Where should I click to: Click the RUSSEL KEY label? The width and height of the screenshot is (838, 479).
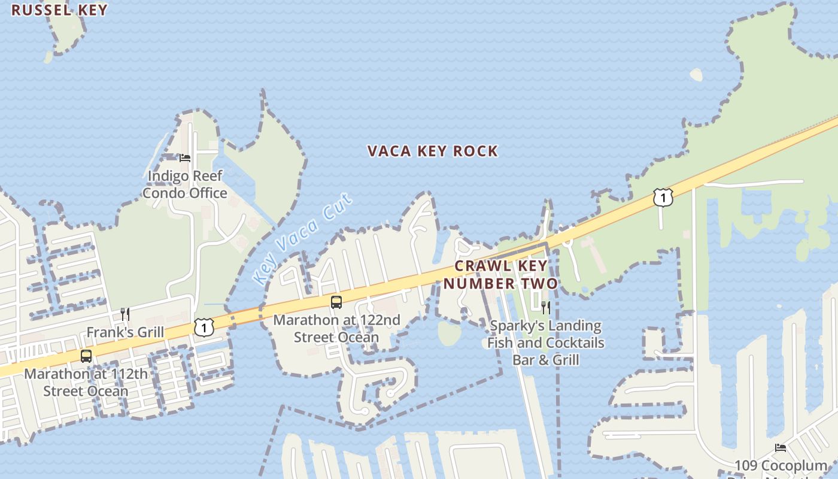(x=59, y=10)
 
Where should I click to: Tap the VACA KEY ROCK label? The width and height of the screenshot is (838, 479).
(x=432, y=151)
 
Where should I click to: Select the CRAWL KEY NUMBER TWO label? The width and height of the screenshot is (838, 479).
(x=500, y=275)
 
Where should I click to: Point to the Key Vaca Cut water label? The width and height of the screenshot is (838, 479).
(x=302, y=238)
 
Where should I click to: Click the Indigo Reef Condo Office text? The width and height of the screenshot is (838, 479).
(x=185, y=184)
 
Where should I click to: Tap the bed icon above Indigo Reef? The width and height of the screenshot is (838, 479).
(x=185, y=158)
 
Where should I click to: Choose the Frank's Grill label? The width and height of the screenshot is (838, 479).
(x=125, y=332)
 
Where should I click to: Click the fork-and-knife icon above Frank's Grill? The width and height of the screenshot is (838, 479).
(x=125, y=314)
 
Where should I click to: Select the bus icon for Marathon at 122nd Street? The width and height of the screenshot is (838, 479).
(x=336, y=302)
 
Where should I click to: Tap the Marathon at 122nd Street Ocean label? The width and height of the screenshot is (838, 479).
(x=336, y=328)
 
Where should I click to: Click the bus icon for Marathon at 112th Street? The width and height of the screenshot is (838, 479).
(x=86, y=356)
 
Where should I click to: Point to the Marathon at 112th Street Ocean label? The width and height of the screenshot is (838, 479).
(x=86, y=383)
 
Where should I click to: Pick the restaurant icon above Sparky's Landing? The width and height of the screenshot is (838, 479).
(x=545, y=308)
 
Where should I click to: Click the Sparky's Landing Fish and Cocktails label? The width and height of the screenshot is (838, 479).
(x=545, y=342)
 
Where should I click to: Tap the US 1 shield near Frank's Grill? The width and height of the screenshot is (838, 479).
(x=204, y=327)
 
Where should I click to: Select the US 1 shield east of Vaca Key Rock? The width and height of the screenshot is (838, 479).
(x=663, y=197)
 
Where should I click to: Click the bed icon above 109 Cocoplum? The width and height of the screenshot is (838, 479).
(x=780, y=448)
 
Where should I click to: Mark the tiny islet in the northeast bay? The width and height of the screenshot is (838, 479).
(x=696, y=75)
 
